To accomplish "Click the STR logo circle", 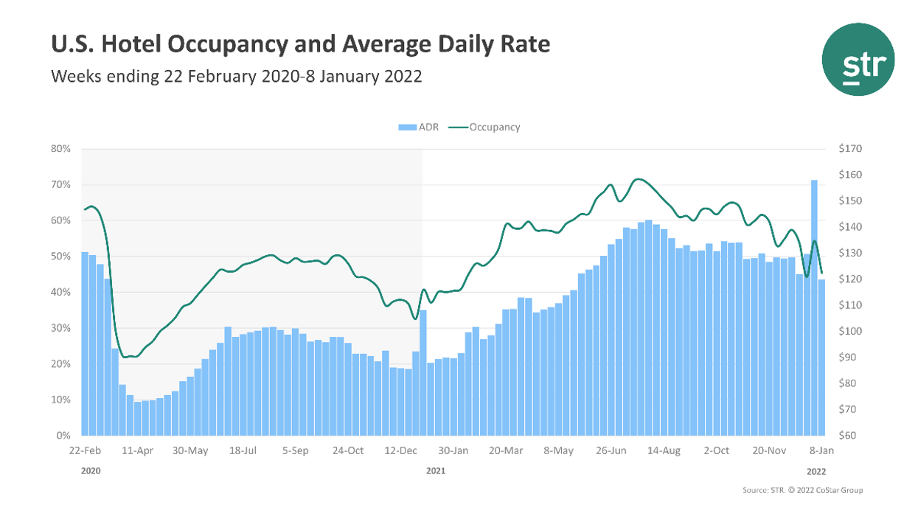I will click(x=858, y=59).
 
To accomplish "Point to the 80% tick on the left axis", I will click(x=60, y=149).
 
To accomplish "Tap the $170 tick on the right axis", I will click(x=849, y=149).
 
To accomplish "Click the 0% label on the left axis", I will click(x=63, y=436).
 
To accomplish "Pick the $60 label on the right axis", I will click(x=848, y=436).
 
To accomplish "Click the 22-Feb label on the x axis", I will click(x=86, y=450).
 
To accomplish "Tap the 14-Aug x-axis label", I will click(x=664, y=450).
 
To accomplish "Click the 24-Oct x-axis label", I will click(x=347, y=450).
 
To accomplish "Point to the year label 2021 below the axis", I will click(x=437, y=470).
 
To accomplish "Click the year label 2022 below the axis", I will click(x=816, y=470).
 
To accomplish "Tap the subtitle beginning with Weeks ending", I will click(x=236, y=76).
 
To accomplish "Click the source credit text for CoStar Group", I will click(x=802, y=490).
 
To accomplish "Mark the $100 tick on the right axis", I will click(x=849, y=331).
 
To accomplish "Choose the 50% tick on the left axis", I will click(x=60, y=257).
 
